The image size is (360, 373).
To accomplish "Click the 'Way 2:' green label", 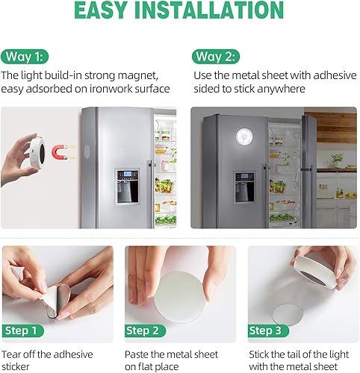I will [216, 57].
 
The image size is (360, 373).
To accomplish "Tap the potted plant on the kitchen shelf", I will [338, 159].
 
